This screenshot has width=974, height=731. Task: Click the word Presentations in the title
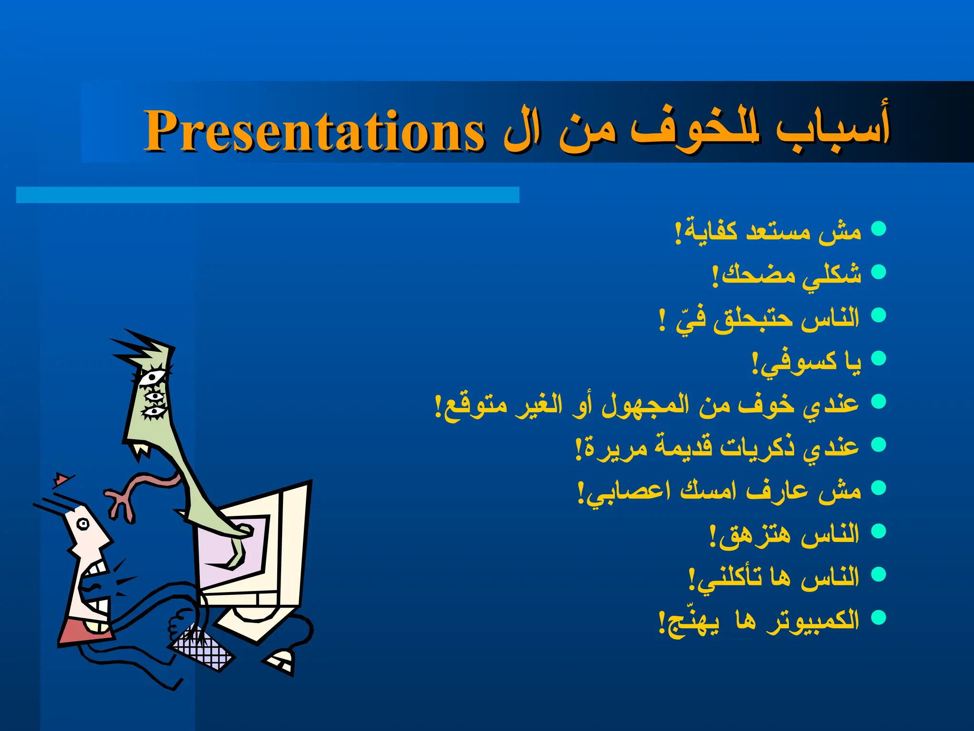click(x=314, y=131)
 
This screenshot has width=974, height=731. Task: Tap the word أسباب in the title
click(x=832, y=128)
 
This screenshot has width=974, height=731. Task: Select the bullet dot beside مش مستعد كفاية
click(x=878, y=229)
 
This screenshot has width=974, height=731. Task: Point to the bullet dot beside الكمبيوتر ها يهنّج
click(x=878, y=617)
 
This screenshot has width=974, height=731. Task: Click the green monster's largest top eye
click(x=151, y=379)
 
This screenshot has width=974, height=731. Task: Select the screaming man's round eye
click(x=84, y=524)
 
